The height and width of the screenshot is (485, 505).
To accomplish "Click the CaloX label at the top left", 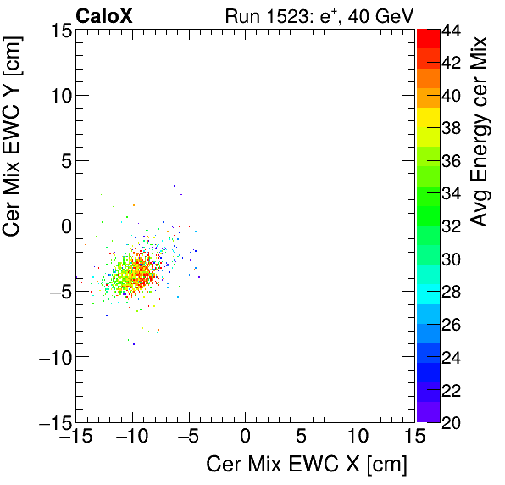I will coord(103,15).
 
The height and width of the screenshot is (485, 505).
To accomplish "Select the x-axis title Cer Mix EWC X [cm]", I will coord(307,465).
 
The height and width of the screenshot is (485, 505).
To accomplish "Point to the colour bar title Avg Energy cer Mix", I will coord(480,131).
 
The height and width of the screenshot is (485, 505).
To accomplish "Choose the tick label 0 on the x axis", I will coord(245,438).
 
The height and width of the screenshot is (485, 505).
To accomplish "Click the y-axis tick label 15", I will coord(58,30).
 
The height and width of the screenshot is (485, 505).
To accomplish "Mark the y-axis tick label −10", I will coord(53,357).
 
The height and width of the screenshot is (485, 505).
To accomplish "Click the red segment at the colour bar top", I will coord(428,37).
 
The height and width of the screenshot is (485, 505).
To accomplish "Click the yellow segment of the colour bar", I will coord(428,119).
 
